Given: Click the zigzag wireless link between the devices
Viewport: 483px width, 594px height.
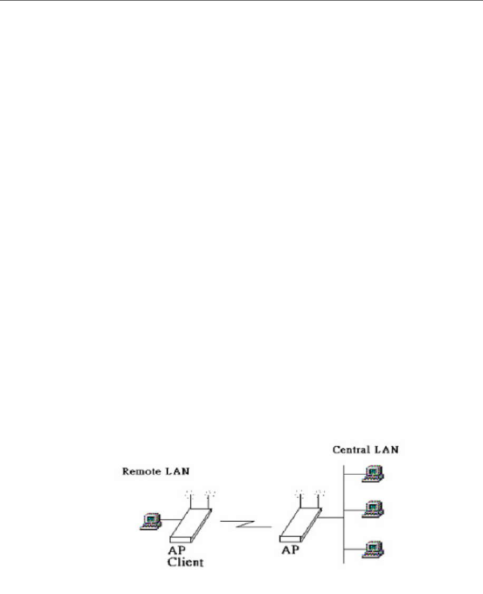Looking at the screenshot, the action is (x=245, y=524).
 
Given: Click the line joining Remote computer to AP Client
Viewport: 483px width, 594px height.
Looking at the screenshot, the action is (x=168, y=520).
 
